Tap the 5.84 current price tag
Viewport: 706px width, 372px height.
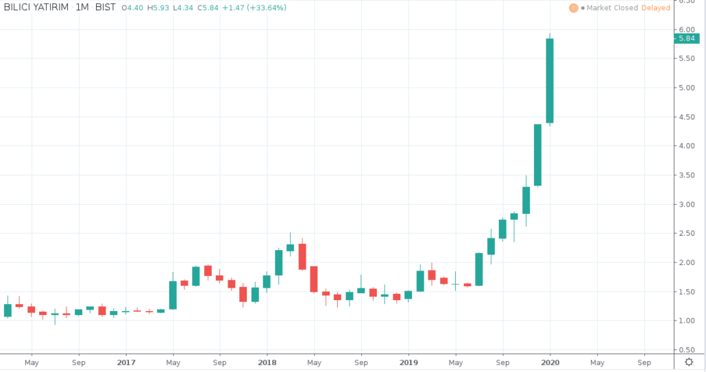click(687, 39)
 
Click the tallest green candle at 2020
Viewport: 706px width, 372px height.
click(550, 81)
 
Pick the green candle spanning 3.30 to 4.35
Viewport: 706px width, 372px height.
click(538, 155)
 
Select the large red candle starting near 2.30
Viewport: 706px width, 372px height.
click(302, 256)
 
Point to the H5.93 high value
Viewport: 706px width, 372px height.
click(161, 8)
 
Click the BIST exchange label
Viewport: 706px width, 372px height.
click(104, 8)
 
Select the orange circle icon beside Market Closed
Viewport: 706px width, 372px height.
click(573, 8)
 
